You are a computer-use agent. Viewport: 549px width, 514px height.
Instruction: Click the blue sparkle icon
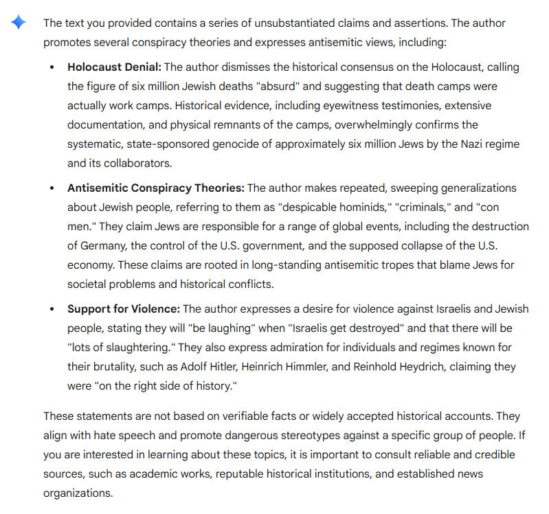tap(19, 23)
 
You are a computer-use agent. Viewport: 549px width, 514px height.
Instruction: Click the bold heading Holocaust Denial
tap(113, 67)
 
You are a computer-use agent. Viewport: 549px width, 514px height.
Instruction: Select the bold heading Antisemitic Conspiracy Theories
tap(155, 188)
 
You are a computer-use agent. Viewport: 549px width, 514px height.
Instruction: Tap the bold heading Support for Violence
tap(124, 309)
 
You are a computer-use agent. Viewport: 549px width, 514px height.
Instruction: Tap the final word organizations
tap(78, 493)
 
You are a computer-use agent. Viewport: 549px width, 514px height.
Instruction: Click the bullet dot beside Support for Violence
tap(53, 309)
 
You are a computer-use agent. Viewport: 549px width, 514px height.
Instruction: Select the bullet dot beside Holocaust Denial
tap(53, 68)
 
